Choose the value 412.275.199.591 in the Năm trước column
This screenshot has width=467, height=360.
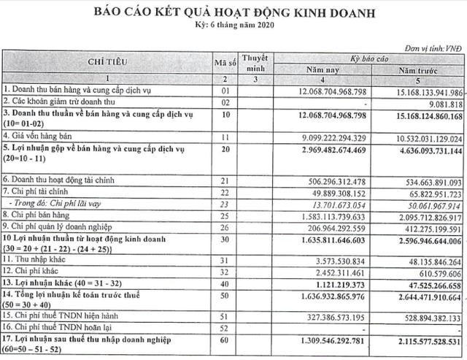click(430, 227)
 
